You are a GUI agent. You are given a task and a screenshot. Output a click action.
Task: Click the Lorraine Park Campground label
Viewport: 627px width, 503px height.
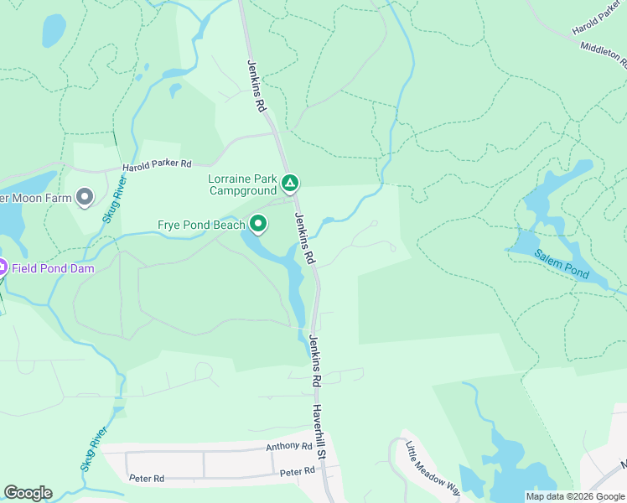242,184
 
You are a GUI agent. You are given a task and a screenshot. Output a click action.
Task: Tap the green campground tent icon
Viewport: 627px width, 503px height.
289,182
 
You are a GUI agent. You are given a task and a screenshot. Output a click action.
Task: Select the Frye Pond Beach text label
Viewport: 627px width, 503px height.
202,225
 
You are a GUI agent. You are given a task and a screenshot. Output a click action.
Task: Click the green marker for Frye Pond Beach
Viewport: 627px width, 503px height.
258,224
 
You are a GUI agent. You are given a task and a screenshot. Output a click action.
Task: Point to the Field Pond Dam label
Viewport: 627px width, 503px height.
52,268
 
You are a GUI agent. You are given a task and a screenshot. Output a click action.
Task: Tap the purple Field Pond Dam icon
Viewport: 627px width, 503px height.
3,268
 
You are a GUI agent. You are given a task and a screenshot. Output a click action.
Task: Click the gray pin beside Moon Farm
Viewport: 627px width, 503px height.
84,198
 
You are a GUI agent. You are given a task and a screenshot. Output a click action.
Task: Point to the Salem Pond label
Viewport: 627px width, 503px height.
562,264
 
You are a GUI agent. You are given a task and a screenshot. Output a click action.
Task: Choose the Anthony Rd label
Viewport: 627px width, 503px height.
289,447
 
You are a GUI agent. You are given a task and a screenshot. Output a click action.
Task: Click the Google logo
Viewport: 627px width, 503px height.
28,493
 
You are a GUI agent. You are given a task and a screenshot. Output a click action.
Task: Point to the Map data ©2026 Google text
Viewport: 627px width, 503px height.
575,496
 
